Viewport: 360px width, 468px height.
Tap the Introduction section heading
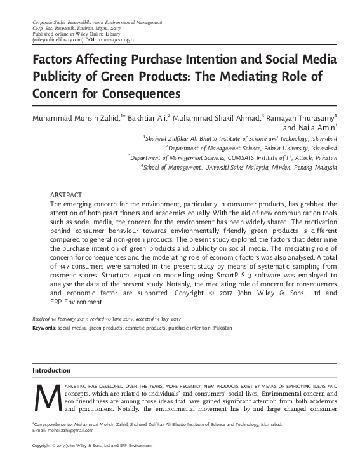point(51,370)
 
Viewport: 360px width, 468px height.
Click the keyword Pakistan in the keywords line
point(222,328)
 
